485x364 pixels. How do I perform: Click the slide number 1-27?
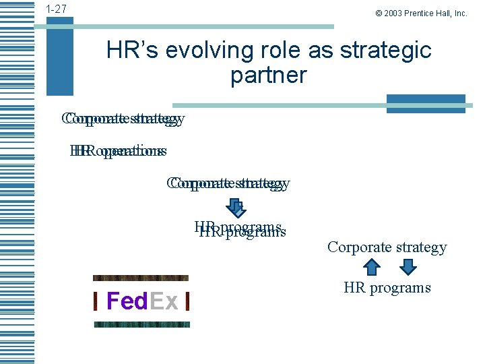point(56,9)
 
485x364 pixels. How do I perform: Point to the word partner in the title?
point(268,75)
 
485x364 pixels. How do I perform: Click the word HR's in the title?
point(134,51)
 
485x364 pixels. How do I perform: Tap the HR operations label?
point(118,151)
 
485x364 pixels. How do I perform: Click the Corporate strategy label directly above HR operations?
point(123,119)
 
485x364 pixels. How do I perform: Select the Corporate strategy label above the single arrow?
point(228,183)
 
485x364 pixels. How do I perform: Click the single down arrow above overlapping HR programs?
point(236,206)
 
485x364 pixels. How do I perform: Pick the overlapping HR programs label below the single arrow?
point(240,230)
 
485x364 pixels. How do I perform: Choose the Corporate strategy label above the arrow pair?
point(387,247)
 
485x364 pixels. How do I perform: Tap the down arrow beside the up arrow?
point(408,268)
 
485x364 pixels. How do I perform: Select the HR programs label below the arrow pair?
point(387,288)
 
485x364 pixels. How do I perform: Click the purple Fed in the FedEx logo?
point(127,301)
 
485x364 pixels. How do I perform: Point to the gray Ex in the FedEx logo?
point(164,301)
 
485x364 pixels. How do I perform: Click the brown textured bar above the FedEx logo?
point(140,278)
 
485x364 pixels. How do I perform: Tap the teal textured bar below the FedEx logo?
point(141,324)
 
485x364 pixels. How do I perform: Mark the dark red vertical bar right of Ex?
point(187,301)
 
